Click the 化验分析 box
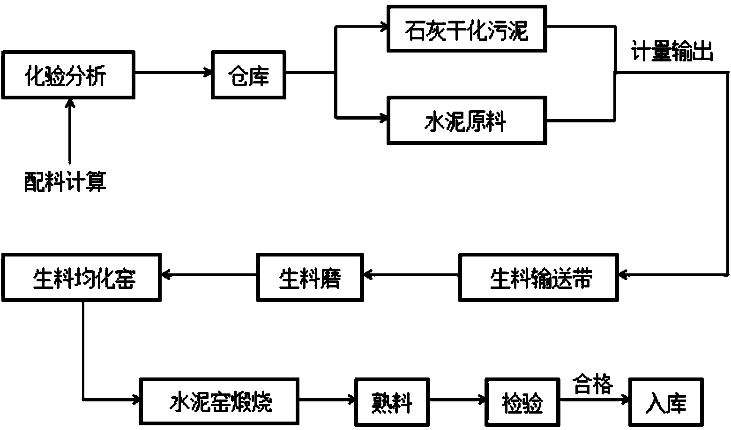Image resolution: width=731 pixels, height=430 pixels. point(68,75)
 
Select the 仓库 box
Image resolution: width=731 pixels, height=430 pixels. point(248,75)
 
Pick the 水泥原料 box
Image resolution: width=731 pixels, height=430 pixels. point(467,121)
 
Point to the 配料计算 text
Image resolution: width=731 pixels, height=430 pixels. point(65,181)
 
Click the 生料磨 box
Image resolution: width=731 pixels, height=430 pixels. point(310,278)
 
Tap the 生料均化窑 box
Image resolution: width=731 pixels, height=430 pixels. point(82,278)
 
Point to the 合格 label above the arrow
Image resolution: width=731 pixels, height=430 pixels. point(593,385)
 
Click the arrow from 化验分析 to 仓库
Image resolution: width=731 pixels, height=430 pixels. point(173,73)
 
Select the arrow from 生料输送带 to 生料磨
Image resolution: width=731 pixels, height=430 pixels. point(411,275)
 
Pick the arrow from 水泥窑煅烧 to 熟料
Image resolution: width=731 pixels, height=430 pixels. point(327,400)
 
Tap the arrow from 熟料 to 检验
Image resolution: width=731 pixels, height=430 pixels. point(457,400)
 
